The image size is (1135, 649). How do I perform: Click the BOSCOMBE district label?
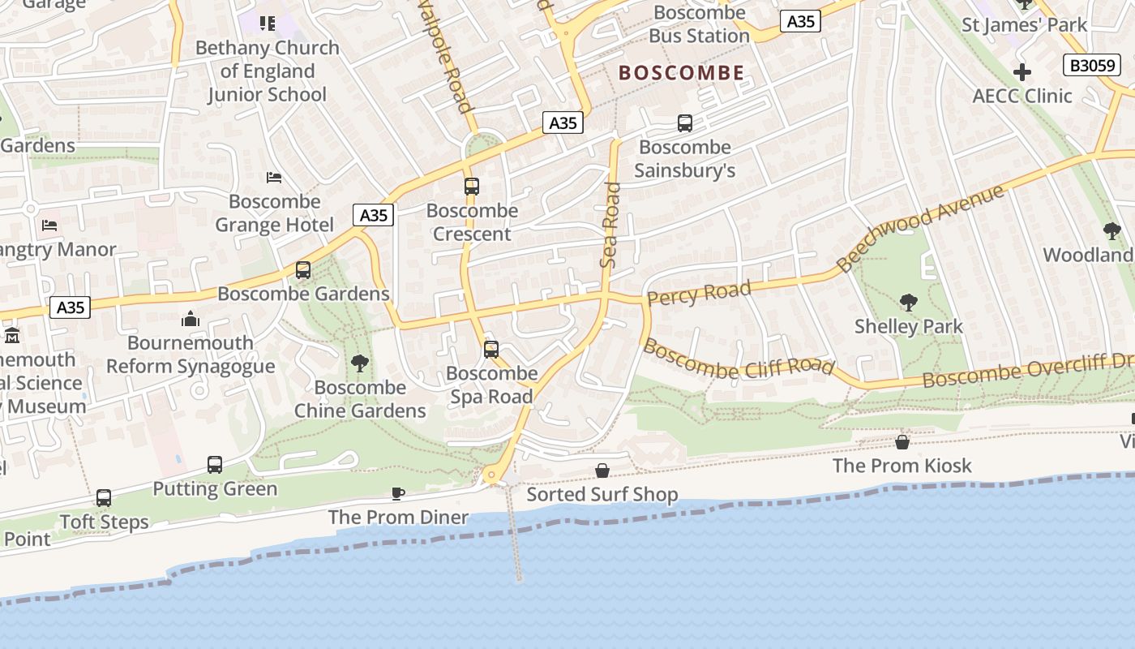pyautogui.click(x=681, y=73)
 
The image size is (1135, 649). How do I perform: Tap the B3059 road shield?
pyautogui.click(x=1091, y=65)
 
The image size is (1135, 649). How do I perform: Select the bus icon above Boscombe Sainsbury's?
pyautogui.click(x=685, y=123)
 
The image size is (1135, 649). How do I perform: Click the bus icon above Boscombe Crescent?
pyautogui.click(x=472, y=187)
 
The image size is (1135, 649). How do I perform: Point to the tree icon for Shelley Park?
pyautogui.click(x=909, y=303)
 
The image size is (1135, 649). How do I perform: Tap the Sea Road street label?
pyautogui.click(x=610, y=225)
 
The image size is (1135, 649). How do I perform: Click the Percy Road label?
pyautogui.click(x=699, y=293)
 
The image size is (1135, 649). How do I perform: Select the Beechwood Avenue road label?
pyautogui.click(x=920, y=228)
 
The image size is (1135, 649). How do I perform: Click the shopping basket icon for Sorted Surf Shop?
pyautogui.click(x=602, y=471)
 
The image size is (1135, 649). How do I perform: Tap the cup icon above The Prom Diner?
pyautogui.click(x=398, y=493)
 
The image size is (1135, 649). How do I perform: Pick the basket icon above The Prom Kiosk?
pyautogui.click(x=902, y=442)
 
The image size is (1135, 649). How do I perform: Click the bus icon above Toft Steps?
pyautogui.click(x=104, y=498)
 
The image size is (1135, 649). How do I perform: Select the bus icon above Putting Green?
pyautogui.click(x=215, y=465)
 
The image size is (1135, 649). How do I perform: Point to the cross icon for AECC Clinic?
pyautogui.click(x=1022, y=72)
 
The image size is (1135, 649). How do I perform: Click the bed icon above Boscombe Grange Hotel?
pyautogui.click(x=274, y=178)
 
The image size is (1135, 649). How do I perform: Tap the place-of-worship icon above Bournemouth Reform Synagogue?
pyautogui.click(x=191, y=319)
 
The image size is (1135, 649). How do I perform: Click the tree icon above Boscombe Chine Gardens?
pyautogui.click(x=359, y=363)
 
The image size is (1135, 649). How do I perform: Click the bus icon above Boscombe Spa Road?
pyautogui.click(x=491, y=350)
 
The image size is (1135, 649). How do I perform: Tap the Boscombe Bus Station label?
pyautogui.click(x=699, y=24)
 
